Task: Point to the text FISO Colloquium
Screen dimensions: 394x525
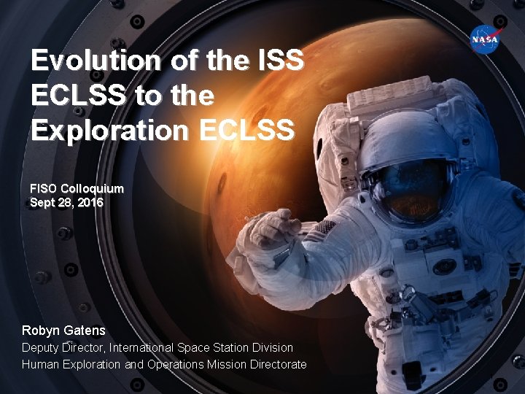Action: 77,188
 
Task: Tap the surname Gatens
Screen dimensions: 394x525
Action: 87,331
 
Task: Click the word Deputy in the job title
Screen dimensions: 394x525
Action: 41,348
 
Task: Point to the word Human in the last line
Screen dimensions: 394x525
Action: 40,364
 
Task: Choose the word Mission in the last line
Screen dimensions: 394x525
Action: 227,364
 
